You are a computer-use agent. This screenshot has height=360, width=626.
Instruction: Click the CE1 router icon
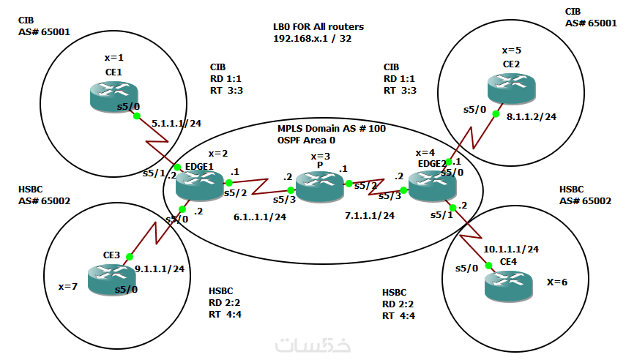coord(113,97)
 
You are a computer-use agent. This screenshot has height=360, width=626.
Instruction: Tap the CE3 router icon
coord(112,280)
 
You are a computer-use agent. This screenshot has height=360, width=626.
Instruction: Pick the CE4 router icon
coord(509,286)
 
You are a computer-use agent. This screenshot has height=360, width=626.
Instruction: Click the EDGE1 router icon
coord(200,186)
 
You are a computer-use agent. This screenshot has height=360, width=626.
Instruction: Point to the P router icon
coord(320,187)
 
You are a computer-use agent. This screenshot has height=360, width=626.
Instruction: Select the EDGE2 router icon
coord(433,186)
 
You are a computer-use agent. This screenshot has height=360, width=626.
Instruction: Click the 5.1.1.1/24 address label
coord(176,124)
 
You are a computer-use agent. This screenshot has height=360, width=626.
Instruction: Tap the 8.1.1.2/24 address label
coord(532,116)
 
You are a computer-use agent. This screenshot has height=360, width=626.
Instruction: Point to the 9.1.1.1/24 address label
coord(160,269)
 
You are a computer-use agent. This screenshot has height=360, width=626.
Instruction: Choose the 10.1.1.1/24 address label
coord(511,249)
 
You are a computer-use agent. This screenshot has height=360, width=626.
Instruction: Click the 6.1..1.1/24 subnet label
coord(260,217)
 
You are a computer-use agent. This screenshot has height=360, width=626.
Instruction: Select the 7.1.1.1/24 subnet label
coord(370,216)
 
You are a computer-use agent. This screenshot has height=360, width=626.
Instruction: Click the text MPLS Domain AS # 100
coord(332,129)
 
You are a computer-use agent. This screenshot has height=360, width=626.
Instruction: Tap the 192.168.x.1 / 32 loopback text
coord(312,39)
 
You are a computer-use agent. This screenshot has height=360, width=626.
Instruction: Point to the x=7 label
coord(68,286)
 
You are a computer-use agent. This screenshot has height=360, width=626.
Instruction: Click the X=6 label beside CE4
coord(557,282)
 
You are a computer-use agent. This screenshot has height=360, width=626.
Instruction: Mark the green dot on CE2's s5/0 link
coord(496,114)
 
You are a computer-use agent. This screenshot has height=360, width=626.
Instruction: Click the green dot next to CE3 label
coord(130,257)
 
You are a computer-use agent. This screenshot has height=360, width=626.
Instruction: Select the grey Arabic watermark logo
coord(313,345)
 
